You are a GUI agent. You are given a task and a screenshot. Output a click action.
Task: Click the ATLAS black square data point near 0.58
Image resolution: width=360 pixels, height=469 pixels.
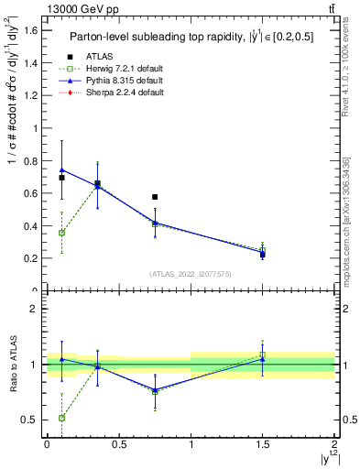pos(155,197)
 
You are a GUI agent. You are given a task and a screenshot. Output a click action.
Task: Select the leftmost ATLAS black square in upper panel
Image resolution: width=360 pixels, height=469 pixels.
pos(61,178)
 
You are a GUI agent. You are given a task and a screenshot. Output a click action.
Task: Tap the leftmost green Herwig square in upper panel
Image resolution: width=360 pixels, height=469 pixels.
pos(61,233)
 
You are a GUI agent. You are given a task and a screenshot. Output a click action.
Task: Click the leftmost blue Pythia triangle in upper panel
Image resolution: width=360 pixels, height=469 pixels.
pos(61,169)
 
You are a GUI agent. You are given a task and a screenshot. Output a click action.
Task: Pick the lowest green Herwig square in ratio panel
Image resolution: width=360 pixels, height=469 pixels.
pos(61,418)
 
